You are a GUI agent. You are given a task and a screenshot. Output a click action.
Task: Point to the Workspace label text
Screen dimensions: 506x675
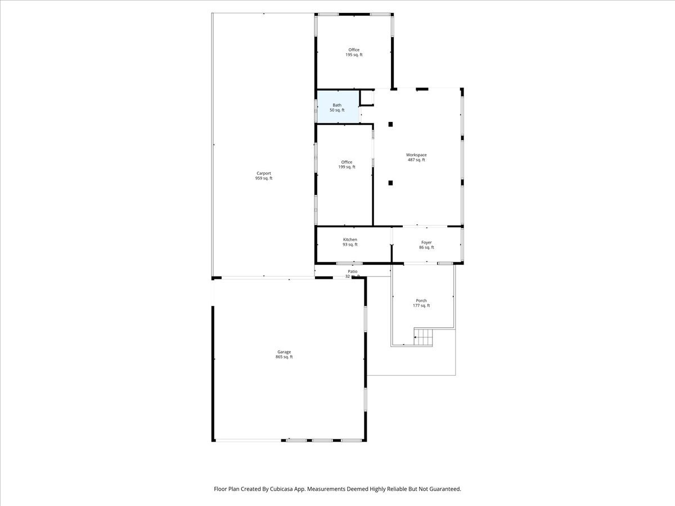pyautogui.click(x=416, y=155)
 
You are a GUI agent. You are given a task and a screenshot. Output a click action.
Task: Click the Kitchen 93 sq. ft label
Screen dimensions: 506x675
pyautogui.click(x=350, y=242)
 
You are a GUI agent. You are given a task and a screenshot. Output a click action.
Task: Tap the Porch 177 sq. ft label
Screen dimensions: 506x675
pyautogui.click(x=421, y=303)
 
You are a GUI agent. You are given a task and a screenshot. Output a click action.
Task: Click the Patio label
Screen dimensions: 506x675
pyautogui.click(x=353, y=272)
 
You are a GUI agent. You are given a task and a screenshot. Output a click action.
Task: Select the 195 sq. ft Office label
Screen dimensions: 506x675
pyautogui.click(x=354, y=52)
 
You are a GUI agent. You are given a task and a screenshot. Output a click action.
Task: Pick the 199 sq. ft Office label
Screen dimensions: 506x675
pyautogui.click(x=346, y=165)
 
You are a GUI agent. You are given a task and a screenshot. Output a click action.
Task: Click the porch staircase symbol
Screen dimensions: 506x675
pyautogui.click(x=424, y=337)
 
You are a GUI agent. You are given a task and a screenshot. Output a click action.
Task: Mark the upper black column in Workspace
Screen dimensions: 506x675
pyautogui.click(x=390, y=124)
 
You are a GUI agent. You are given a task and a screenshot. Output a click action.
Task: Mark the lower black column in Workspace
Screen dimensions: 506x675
pyautogui.click(x=390, y=182)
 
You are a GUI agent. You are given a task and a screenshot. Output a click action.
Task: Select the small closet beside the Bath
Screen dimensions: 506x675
pyautogui.click(x=367, y=98)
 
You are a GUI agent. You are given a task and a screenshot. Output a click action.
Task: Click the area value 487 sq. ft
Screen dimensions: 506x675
pyautogui.click(x=416, y=160)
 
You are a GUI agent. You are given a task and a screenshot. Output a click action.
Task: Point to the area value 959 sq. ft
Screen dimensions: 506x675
pyautogui.click(x=264, y=179)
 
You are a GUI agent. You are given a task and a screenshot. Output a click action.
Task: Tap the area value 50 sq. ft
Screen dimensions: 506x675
pyautogui.click(x=337, y=110)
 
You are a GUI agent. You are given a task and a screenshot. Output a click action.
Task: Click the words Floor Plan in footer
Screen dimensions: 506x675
pyautogui.click(x=227, y=489)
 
